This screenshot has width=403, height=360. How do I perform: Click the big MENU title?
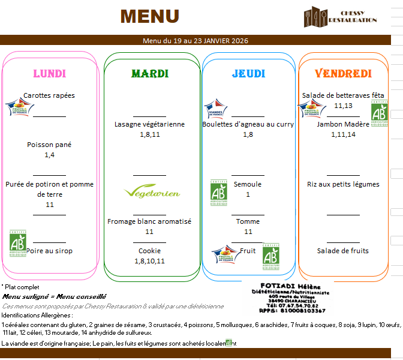tap(149, 16)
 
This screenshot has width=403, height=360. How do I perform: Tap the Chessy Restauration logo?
tap(339, 17)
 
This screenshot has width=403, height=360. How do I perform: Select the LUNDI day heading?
tap(50, 74)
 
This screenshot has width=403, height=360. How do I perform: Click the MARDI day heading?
tap(150, 74)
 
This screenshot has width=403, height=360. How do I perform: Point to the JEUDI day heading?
tap(248, 74)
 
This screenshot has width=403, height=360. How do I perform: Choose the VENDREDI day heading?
tap(344, 74)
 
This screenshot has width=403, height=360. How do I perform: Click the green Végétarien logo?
tap(152, 193)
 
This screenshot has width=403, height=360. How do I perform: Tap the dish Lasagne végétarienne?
tap(150, 124)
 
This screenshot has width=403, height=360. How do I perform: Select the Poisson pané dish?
tap(49, 145)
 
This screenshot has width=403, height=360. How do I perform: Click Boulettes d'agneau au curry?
tap(248, 124)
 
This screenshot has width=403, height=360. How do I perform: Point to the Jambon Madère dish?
tap(343, 124)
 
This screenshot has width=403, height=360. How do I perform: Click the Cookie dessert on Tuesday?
tap(149, 251)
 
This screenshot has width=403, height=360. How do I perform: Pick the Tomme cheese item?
tap(248, 221)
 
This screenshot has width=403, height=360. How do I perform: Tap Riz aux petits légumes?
tap(343, 184)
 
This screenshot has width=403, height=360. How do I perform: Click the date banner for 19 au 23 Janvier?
tap(196, 41)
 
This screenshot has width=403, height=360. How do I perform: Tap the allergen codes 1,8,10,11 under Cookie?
tap(149, 261)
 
